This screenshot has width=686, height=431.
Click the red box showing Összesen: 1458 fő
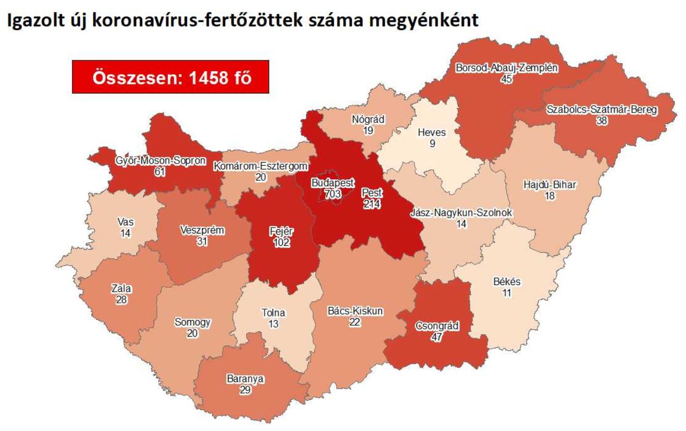pos(170,77)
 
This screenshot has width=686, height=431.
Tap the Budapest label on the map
pos(332,183)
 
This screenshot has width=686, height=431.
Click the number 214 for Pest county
pos(372,204)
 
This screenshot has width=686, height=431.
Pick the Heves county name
pos(432,132)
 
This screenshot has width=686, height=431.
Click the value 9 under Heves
pos(432,143)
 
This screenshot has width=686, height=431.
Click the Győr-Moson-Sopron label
pos(160,161)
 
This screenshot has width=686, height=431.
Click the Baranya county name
pos(244,379)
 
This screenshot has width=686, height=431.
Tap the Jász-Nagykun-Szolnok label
pos(461,213)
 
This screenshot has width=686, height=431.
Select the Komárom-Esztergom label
pos(261,167)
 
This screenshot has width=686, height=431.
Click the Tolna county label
pos(273,313)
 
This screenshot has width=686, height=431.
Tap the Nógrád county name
pos(368,119)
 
